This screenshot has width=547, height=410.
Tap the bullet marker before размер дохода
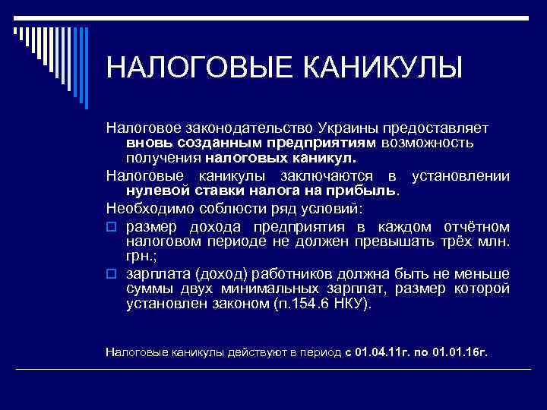click(x=111, y=225)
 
